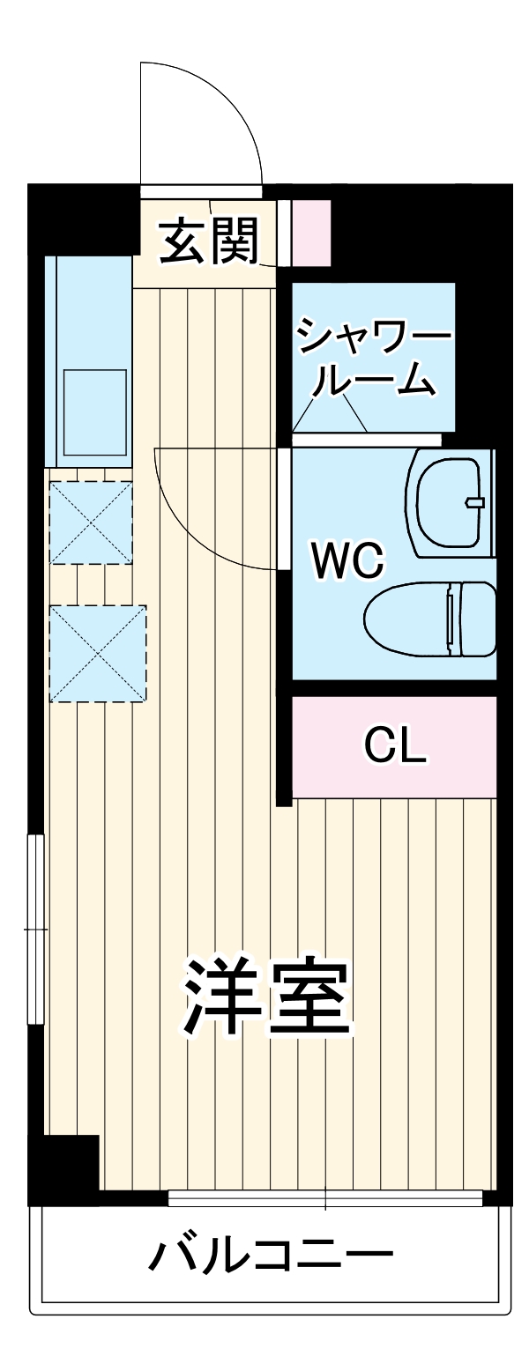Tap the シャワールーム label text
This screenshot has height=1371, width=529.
coord(374,361)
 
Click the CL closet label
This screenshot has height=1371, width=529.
coord(395,746)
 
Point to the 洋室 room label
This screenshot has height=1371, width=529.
coord(267,995)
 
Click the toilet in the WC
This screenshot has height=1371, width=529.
coord(430,619)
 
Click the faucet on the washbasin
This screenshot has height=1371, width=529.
coord(475,502)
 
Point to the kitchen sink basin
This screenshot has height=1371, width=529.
coord(94,411)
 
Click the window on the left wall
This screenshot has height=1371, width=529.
coord(37,928)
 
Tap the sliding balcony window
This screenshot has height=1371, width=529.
coord(325,1197)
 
